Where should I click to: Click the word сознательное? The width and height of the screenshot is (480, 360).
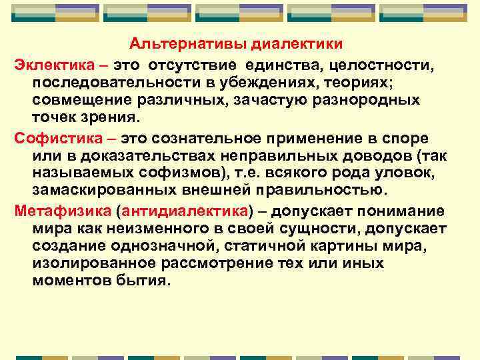point(236,137)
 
